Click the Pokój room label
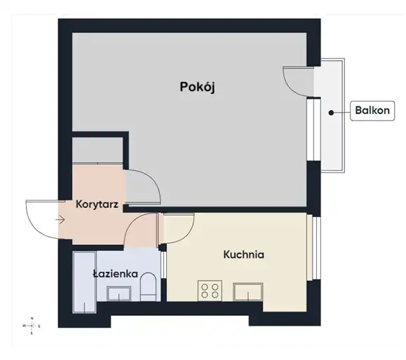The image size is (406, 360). [x=197, y=87]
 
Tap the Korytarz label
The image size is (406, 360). [x=97, y=205]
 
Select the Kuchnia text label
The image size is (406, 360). [x=243, y=254]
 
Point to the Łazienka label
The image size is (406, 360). [x=116, y=274]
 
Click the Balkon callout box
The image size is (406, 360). [x=372, y=111]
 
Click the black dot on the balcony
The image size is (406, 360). [x=331, y=113]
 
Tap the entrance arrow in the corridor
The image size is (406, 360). [x=60, y=220]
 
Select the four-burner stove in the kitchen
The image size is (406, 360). [x=210, y=291]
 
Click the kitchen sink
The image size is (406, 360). [x=248, y=292]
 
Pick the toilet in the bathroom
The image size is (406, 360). [x=148, y=287]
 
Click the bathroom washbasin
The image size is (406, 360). [x=119, y=293]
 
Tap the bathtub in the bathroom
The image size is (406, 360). [x=85, y=282]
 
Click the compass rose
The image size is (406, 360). [x=32, y=326]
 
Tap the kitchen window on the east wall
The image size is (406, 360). [x=316, y=248]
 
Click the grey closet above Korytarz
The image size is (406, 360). [x=97, y=151]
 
